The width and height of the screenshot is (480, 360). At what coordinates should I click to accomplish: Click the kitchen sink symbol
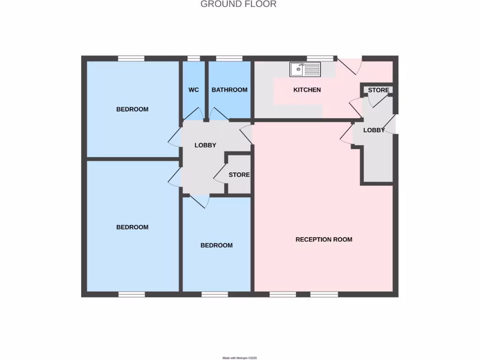305,69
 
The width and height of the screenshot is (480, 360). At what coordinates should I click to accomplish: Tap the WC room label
194,90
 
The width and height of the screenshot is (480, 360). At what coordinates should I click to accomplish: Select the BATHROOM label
229,90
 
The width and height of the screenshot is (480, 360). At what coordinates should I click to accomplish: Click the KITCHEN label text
307,90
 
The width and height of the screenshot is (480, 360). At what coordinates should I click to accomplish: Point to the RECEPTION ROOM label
324,240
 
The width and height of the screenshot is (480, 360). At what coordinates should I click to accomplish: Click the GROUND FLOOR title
239,4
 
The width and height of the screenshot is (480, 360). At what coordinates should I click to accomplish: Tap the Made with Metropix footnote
240,358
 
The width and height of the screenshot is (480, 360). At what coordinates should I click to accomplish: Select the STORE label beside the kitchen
378,90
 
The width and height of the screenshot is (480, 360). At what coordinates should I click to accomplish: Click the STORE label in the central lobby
239,175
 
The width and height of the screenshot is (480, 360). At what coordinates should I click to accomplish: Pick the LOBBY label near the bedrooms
205,145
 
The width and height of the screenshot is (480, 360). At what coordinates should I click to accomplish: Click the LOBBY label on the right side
374,130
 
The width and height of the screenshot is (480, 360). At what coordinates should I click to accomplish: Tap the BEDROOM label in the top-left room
132,109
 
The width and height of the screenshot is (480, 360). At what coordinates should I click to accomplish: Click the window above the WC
194,59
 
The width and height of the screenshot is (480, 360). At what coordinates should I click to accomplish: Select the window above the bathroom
229,59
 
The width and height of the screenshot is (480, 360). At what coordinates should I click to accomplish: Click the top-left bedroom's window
131,59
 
